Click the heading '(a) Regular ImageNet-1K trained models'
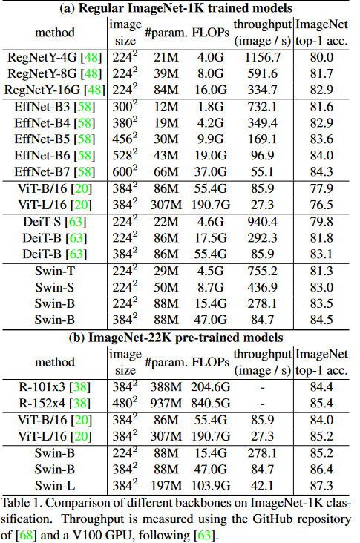(176, 8)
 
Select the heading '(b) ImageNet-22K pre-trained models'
(176, 338)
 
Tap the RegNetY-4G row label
(55, 57)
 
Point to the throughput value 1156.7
(262, 57)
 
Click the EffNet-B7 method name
(55, 172)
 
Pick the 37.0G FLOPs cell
(210, 172)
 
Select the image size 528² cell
(125, 155)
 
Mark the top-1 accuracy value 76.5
(321, 205)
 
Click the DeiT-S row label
(55, 222)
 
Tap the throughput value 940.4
(262, 222)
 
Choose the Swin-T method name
(55, 271)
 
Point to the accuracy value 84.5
(321, 320)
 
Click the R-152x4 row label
(55, 403)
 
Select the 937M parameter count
(166, 403)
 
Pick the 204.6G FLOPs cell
(210, 386)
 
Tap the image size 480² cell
(125, 403)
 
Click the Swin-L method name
(55, 486)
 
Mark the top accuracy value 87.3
(321, 486)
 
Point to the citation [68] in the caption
(26, 536)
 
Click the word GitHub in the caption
(273, 519)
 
